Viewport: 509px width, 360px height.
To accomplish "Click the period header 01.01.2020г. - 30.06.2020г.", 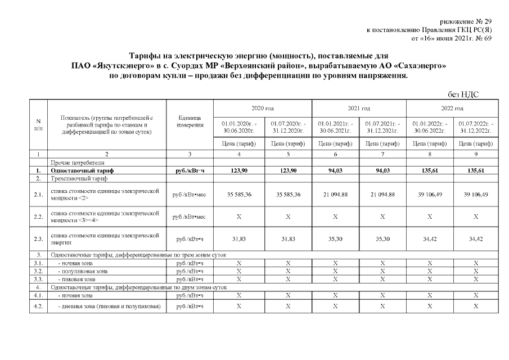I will [239, 127].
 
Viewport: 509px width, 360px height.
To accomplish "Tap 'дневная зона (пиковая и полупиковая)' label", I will [110, 306].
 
